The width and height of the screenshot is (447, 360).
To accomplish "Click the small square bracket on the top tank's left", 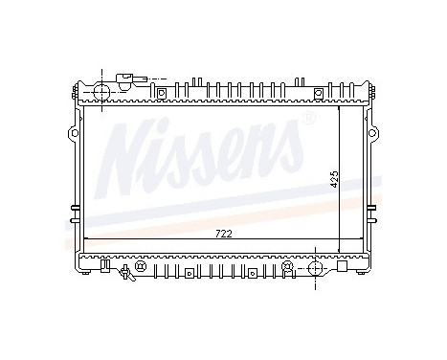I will click(x=162, y=93).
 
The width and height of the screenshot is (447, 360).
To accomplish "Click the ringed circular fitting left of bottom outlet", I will click(x=287, y=265).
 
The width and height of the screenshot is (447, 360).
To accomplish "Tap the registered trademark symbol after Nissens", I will click(x=308, y=120).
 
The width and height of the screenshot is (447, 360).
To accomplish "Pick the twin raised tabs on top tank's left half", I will click(x=196, y=80).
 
